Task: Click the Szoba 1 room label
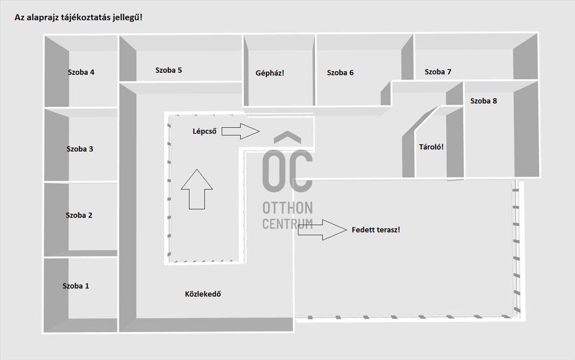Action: [x=76, y=286]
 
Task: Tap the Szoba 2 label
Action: [x=79, y=215]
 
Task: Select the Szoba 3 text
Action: [x=80, y=149]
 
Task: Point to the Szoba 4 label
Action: [x=81, y=72]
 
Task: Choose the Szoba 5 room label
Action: [x=168, y=70]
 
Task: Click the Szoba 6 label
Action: [x=340, y=73]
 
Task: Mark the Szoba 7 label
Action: [x=437, y=71]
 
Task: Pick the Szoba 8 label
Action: [x=483, y=101]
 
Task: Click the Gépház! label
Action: [x=270, y=73]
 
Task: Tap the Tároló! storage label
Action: [x=431, y=147]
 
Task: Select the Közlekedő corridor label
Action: [x=203, y=294]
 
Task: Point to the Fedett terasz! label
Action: [x=376, y=230]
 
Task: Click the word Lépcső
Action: [x=205, y=131]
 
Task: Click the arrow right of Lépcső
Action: [x=241, y=131]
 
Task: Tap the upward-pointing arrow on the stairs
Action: [x=197, y=189]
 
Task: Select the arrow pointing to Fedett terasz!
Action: [x=322, y=230]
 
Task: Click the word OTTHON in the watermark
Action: [x=287, y=208]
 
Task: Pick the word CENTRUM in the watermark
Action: [x=287, y=224]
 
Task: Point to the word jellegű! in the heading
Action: [x=127, y=17]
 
